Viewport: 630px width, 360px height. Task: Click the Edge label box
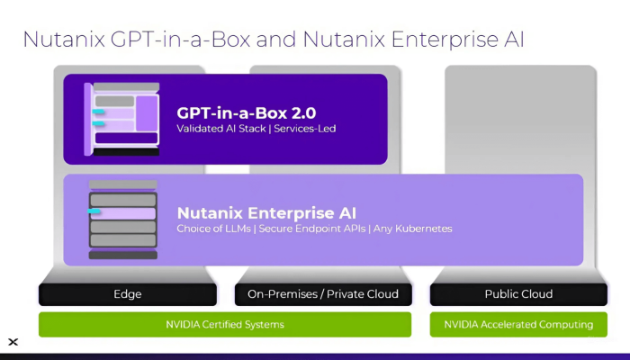(127, 294)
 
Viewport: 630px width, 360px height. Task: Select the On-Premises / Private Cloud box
(322, 294)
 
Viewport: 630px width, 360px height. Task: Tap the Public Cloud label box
(517, 294)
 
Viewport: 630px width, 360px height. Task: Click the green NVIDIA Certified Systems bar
(224, 324)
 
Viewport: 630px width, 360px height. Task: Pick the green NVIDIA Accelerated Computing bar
(517, 324)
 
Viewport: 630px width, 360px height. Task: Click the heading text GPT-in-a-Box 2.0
(246, 113)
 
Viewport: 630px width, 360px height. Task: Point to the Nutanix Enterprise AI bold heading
(266, 213)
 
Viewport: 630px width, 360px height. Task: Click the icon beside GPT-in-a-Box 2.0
(121, 118)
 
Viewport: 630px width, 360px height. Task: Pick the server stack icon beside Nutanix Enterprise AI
(122, 220)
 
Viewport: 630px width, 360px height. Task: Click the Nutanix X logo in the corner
(13, 342)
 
